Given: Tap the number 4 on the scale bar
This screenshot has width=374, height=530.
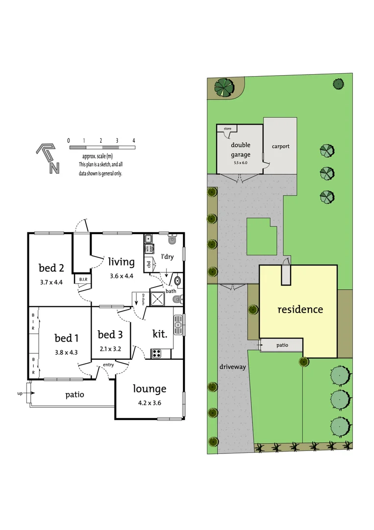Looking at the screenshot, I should click(134, 140).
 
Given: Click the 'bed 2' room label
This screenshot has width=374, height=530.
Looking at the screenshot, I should click(51, 268).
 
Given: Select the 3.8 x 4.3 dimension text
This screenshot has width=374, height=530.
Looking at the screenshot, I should click(67, 351).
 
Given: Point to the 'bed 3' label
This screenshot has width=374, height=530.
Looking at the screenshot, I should click(110, 335).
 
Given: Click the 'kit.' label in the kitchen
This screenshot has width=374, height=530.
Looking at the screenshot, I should click(160, 334).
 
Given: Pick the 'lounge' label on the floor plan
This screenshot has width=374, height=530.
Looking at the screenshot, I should click(150, 389).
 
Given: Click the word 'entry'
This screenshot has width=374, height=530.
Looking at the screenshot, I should click(108, 365).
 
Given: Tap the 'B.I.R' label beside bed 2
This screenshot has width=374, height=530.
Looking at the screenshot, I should click(81, 280).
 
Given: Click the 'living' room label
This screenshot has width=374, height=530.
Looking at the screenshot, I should click(121, 262).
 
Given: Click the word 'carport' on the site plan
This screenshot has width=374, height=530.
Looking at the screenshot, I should click(280, 146).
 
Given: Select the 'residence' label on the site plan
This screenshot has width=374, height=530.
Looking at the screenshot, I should click(300, 310).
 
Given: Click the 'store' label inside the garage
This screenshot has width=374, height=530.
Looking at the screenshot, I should click(227, 129).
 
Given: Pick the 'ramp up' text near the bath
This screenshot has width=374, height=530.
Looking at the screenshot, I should click(143, 298).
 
